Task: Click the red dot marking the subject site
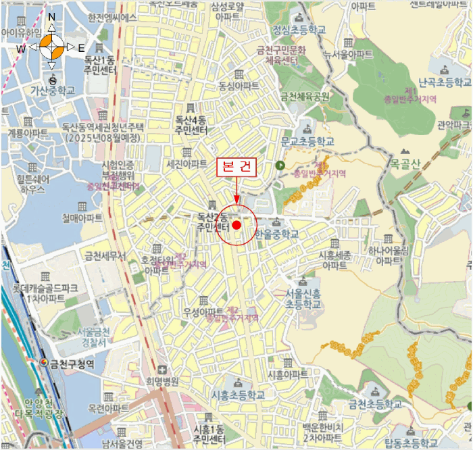pyautogui.click(x=236, y=224)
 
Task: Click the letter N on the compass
pyautogui.click(x=52, y=17)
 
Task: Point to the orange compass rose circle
pyautogui.click(x=52, y=47)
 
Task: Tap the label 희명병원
pyautogui.click(x=162, y=381)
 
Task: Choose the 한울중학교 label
pyautogui.click(x=277, y=234)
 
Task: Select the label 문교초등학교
pyautogui.click(x=307, y=142)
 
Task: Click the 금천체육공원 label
pyautogui.click(x=305, y=96)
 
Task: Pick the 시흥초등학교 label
pyautogui.click(x=239, y=395)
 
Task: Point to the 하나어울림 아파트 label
pyautogui.click(x=389, y=255)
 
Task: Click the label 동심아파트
pyautogui.click(x=239, y=86)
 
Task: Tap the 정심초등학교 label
pyautogui.click(x=299, y=30)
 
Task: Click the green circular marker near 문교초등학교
pyautogui.click(x=280, y=166)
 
